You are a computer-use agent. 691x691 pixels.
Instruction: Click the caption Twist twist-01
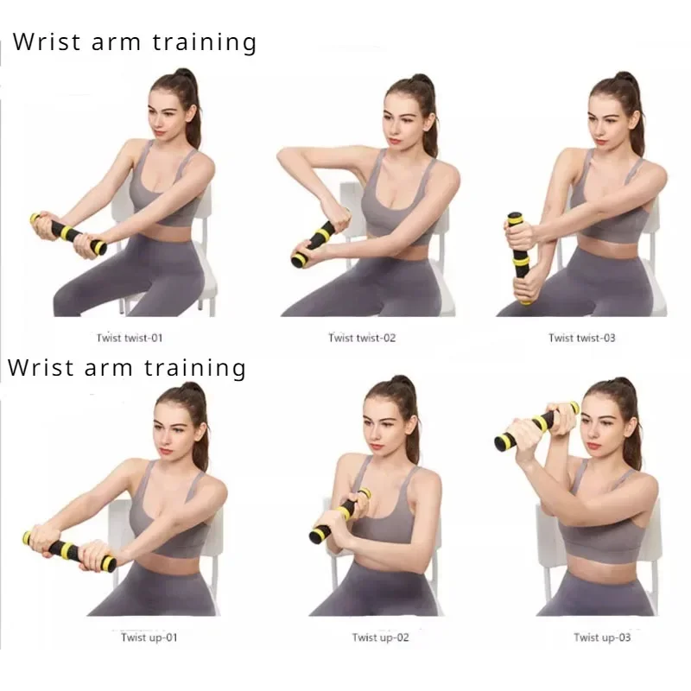[130, 338]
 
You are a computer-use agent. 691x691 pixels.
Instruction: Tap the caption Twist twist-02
[362, 338]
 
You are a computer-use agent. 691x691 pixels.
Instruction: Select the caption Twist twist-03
[582, 338]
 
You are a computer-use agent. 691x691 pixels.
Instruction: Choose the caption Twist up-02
[381, 637]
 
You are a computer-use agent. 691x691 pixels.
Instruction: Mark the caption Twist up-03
[602, 637]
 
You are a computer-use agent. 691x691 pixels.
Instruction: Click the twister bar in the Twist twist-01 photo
[69, 232]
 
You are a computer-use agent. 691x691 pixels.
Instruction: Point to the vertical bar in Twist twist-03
[519, 257]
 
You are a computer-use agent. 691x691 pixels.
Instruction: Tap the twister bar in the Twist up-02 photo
[339, 517]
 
